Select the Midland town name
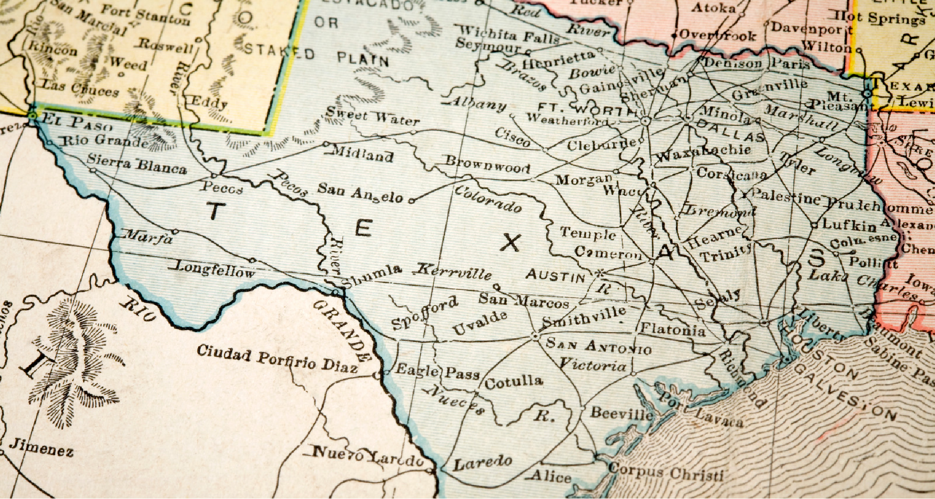[x=364, y=154]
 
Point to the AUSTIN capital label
[x=555, y=276]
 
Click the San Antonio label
[x=598, y=346]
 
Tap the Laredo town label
[x=482, y=462]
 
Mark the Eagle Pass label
[x=437, y=371]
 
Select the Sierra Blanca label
[x=137, y=164]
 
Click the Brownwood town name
[x=487, y=164]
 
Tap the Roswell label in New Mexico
[x=165, y=46]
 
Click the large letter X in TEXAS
[x=510, y=243]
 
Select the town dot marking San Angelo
[x=411, y=201]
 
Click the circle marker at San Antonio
[x=535, y=337]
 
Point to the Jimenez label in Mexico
[x=41, y=448]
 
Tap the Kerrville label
[x=454, y=272]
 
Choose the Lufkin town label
[x=849, y=224]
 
